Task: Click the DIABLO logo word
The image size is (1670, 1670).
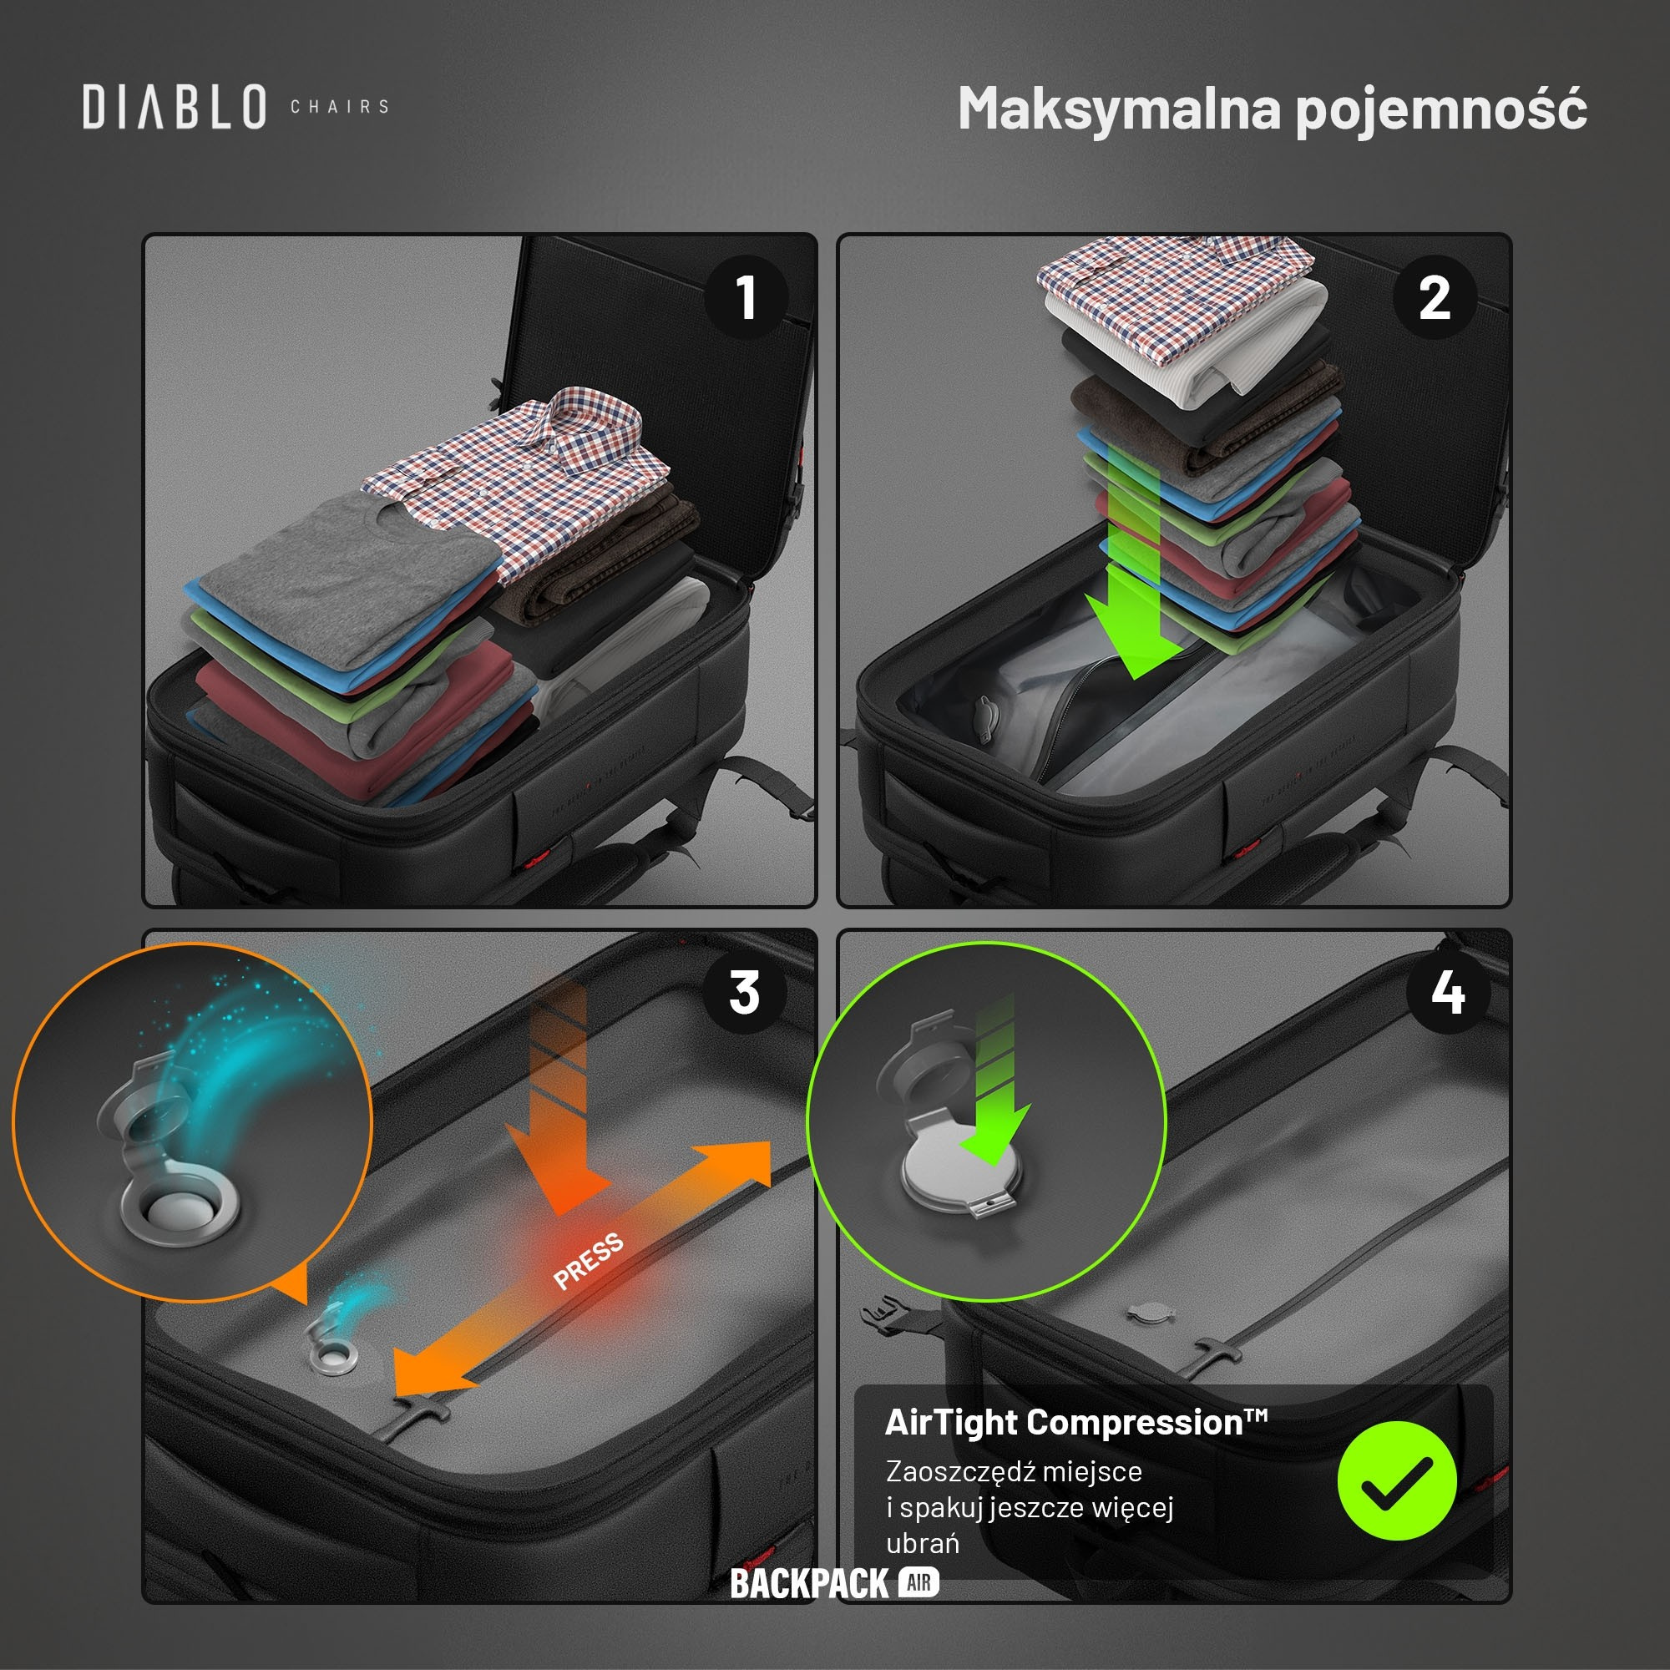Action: (x=175, y=106)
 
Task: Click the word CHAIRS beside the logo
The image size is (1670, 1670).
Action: (x=340, y=107)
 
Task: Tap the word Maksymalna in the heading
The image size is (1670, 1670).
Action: (x=1120, y=109)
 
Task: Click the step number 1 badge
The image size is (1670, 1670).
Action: (x=746, y=296)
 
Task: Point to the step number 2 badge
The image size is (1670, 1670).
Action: (x=1435, y=296)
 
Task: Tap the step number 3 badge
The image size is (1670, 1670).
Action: (x=745, y=992)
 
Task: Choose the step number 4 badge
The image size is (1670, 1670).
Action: (x=1448, y=992)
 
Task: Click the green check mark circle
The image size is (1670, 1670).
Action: (x=1397, y=1480)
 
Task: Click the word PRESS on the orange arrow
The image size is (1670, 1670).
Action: (x=589, y=1261)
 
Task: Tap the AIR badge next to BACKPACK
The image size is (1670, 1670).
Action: (x=918, y=1583)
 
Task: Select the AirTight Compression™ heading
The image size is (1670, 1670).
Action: (x=1076, y=1423)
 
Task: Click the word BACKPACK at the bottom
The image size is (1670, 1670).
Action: (x=809, y=1583)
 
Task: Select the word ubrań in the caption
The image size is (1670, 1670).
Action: (x=923, y=1543)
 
